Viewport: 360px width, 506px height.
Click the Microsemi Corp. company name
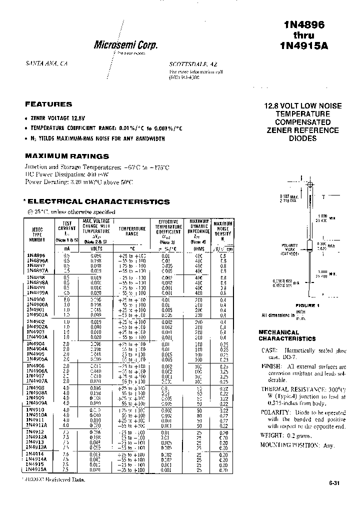pos(126,45)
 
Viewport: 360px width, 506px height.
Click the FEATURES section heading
pos(48,104)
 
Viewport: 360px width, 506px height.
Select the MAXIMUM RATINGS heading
pos(67,156)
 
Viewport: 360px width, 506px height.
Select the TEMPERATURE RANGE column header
pos(132,231)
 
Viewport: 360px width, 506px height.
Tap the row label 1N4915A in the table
pos(37,470)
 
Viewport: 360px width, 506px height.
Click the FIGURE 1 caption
pos(306,305)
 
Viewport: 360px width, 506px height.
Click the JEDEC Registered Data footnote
pos(53,479)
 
